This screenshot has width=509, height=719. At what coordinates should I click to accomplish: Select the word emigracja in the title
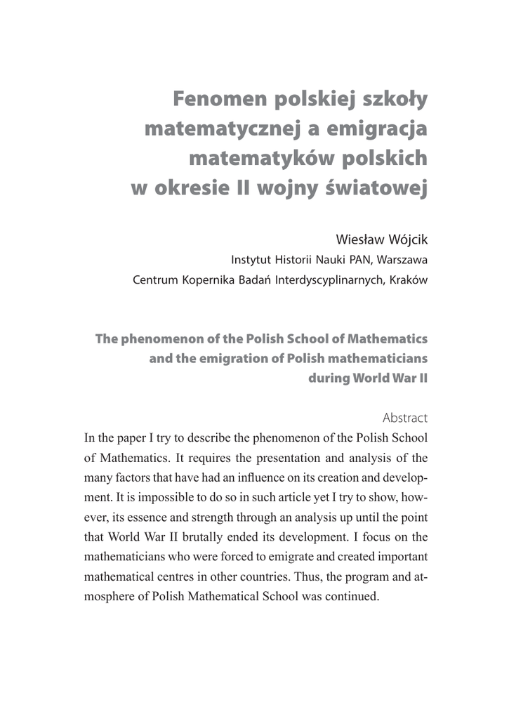[371, 130]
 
